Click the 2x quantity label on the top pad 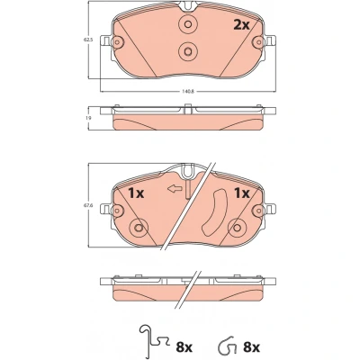pos(241,25)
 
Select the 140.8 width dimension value pos(188,92)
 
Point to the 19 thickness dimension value pos(88,118)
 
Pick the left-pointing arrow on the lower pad pos(175,189)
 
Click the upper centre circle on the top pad pos(188,24)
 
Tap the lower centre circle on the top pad pos(188,51)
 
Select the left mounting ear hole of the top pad pos(117,41)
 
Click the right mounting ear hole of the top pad pos(258,41)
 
